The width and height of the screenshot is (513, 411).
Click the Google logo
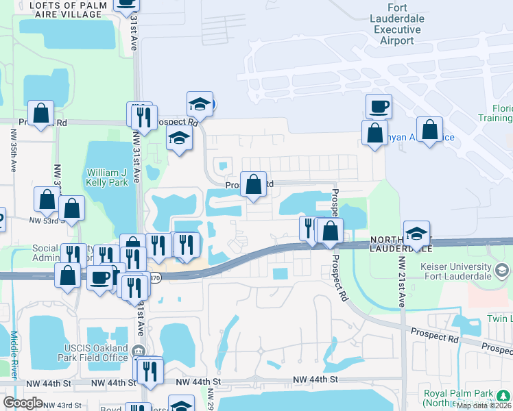coord(23,403)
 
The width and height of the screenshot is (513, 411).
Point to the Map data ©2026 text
coord(483,406)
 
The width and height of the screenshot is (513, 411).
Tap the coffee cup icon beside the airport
coord(379,106)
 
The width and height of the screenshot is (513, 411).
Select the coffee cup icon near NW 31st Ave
coord(99,277)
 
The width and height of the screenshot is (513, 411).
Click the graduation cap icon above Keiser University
coord(416,233)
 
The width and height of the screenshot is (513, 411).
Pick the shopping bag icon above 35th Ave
coord(40,113)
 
